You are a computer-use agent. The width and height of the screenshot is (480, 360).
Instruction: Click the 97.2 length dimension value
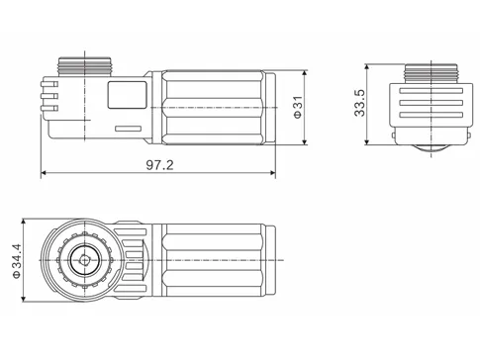(158, 164)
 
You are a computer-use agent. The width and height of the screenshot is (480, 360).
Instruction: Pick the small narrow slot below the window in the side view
(129, 129)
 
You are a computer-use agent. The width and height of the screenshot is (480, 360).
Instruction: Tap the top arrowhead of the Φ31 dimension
(305, 72)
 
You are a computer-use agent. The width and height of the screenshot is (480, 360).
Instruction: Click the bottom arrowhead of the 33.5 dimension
(369, 149)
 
